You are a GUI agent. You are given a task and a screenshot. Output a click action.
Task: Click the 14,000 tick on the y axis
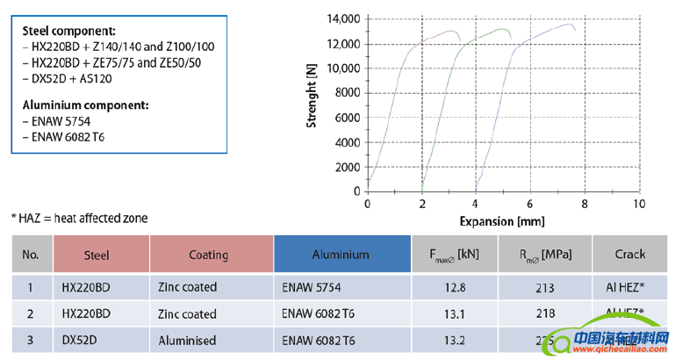[x=341, y=18]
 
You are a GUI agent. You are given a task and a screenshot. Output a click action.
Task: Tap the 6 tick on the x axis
[x=530, y=203]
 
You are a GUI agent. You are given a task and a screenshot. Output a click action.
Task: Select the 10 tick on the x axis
[x=638, y=203]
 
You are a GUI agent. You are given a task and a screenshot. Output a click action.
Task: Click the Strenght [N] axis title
[x=312, y=102]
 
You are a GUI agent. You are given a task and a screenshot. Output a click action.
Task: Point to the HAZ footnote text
[x=79, y=218]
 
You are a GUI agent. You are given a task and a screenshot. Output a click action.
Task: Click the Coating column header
[x=209, y=255]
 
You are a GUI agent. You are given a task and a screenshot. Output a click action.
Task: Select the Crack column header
[x=629, y=255]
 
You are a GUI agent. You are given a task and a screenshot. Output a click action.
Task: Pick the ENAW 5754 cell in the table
[x=313, y=286]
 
